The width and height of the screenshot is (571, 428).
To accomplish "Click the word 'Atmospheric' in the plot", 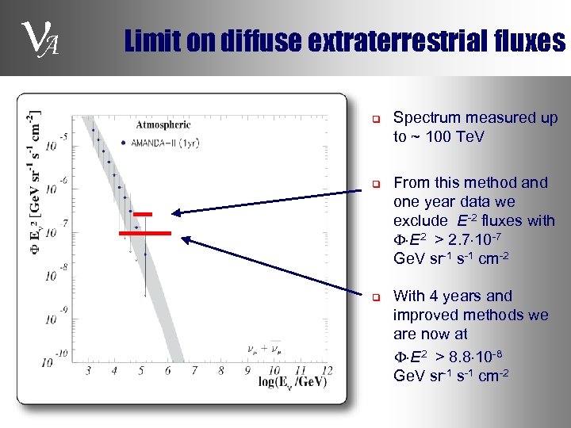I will [x=163, y=124].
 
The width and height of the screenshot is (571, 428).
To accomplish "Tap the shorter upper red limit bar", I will [x=143, y=215].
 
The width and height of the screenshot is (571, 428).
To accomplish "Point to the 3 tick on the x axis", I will [x=87, y=370].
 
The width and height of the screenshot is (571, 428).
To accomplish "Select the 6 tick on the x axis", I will [x=167, y=370].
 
